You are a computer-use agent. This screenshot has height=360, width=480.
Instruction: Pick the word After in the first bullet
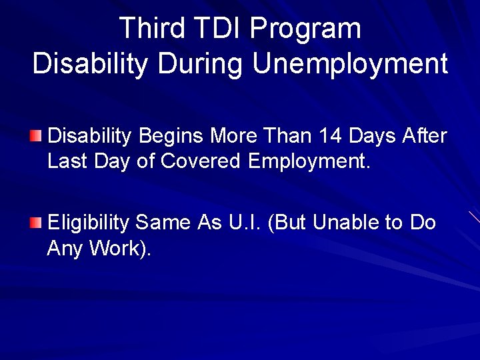(425, 136)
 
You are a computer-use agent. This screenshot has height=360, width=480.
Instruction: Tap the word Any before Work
(64, 249)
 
